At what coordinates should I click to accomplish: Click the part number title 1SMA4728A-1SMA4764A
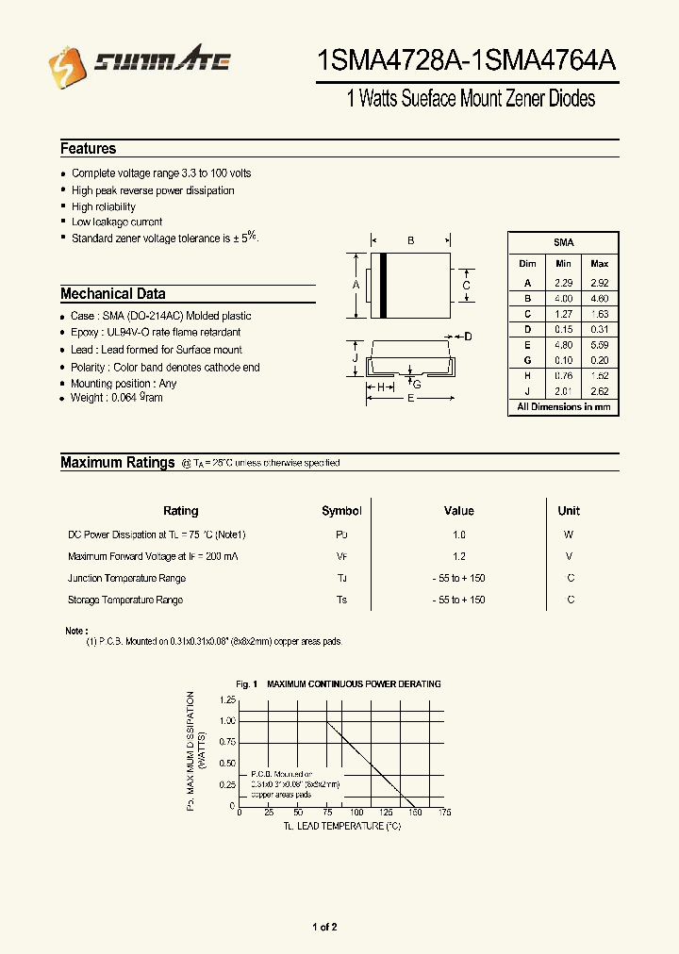point(468,61)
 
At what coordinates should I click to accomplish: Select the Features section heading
point(88,149)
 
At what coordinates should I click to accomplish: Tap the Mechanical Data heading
point(112,293)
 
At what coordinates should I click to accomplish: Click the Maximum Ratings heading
point(117,462)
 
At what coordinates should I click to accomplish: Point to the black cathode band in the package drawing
point(384,286)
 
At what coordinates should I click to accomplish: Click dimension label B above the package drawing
point(411,241)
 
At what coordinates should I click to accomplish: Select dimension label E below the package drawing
point(410,399)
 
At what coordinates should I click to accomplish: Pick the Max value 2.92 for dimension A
point(599,283)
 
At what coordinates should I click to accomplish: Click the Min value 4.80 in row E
point(563,345)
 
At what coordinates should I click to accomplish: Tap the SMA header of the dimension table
point(563,243)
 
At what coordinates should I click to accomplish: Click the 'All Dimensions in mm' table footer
point(563,407)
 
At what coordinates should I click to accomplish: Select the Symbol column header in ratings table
point(341,511)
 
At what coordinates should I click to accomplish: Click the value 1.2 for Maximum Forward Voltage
point(458,556)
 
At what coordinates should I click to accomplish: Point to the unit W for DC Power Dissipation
point(569,535)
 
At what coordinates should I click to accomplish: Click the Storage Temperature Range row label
point(125,600)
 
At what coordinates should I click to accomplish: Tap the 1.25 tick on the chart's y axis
point(227,700)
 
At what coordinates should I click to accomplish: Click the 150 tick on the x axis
point(416,813)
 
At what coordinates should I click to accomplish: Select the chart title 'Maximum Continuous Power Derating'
point(354,684)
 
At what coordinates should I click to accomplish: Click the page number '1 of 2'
point(324,928)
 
